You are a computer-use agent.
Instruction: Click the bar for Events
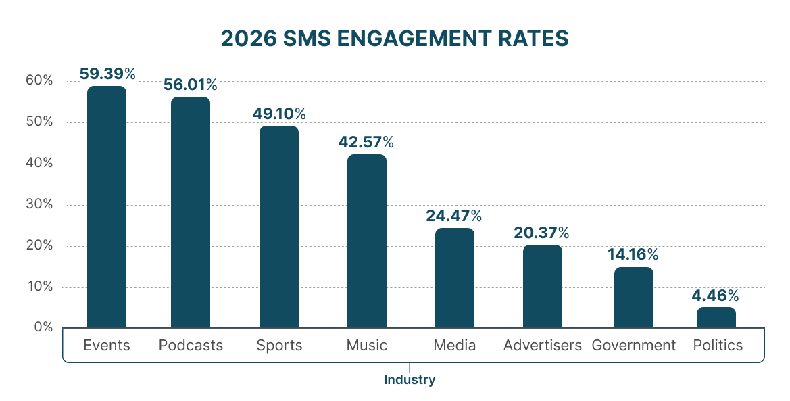pos(107,206)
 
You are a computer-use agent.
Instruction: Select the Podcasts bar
pos(191,212)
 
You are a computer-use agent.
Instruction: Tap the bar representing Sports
pos(279,227)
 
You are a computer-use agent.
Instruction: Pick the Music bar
pos(367,241)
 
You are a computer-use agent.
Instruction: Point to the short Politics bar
pos(716,317)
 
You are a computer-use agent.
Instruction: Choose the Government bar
pos(634,297)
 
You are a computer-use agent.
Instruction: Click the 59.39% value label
pos(107,74)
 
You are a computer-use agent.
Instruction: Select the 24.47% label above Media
pos(453,216)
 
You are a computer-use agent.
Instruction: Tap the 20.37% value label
pos(541,233)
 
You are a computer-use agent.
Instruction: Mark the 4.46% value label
pos(715,296)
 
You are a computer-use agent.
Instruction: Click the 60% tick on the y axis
pos(39,80)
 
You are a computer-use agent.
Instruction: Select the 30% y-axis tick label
pos(39,204)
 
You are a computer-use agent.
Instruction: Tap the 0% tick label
pos(43,327)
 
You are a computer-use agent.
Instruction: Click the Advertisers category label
pos(542,345)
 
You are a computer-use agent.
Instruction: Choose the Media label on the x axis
pos(454,345)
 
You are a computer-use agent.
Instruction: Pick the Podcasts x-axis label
pos(191,345)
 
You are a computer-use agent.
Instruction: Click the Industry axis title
pos(410,379)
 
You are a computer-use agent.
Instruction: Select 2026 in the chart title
pos(247,39)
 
